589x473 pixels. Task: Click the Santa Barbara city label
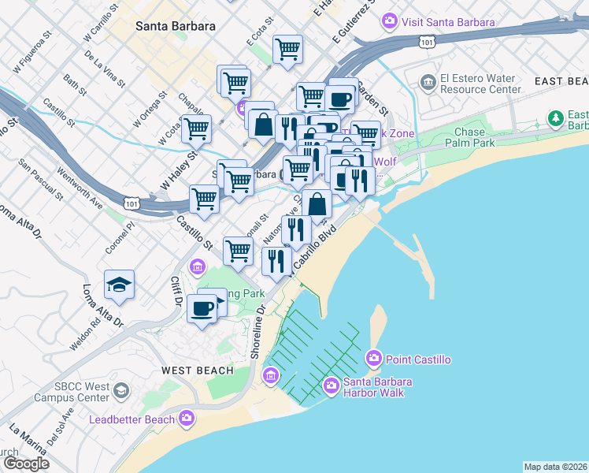click(x=175, y=26)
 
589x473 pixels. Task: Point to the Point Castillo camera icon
click(x=374, y=359)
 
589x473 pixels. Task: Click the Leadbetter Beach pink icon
click(x=187, y=418)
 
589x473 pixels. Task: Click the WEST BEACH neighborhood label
click(x=198, y=371)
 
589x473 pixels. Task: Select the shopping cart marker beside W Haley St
click(x=196, y=129)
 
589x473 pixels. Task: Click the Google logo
click(x=26, y=464)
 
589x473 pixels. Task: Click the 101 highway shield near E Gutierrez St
click(x=426, y=40)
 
